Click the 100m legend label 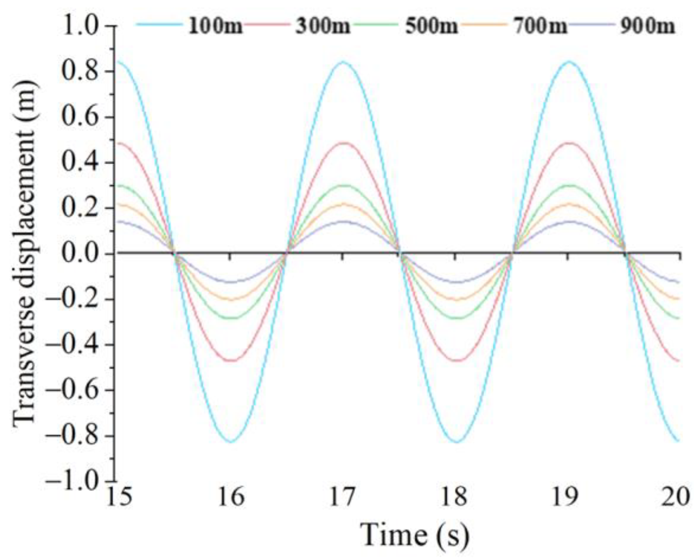215,26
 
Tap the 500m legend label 432,26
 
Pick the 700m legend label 540,26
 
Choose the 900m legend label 647,26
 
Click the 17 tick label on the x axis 343,498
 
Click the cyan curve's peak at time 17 343,62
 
